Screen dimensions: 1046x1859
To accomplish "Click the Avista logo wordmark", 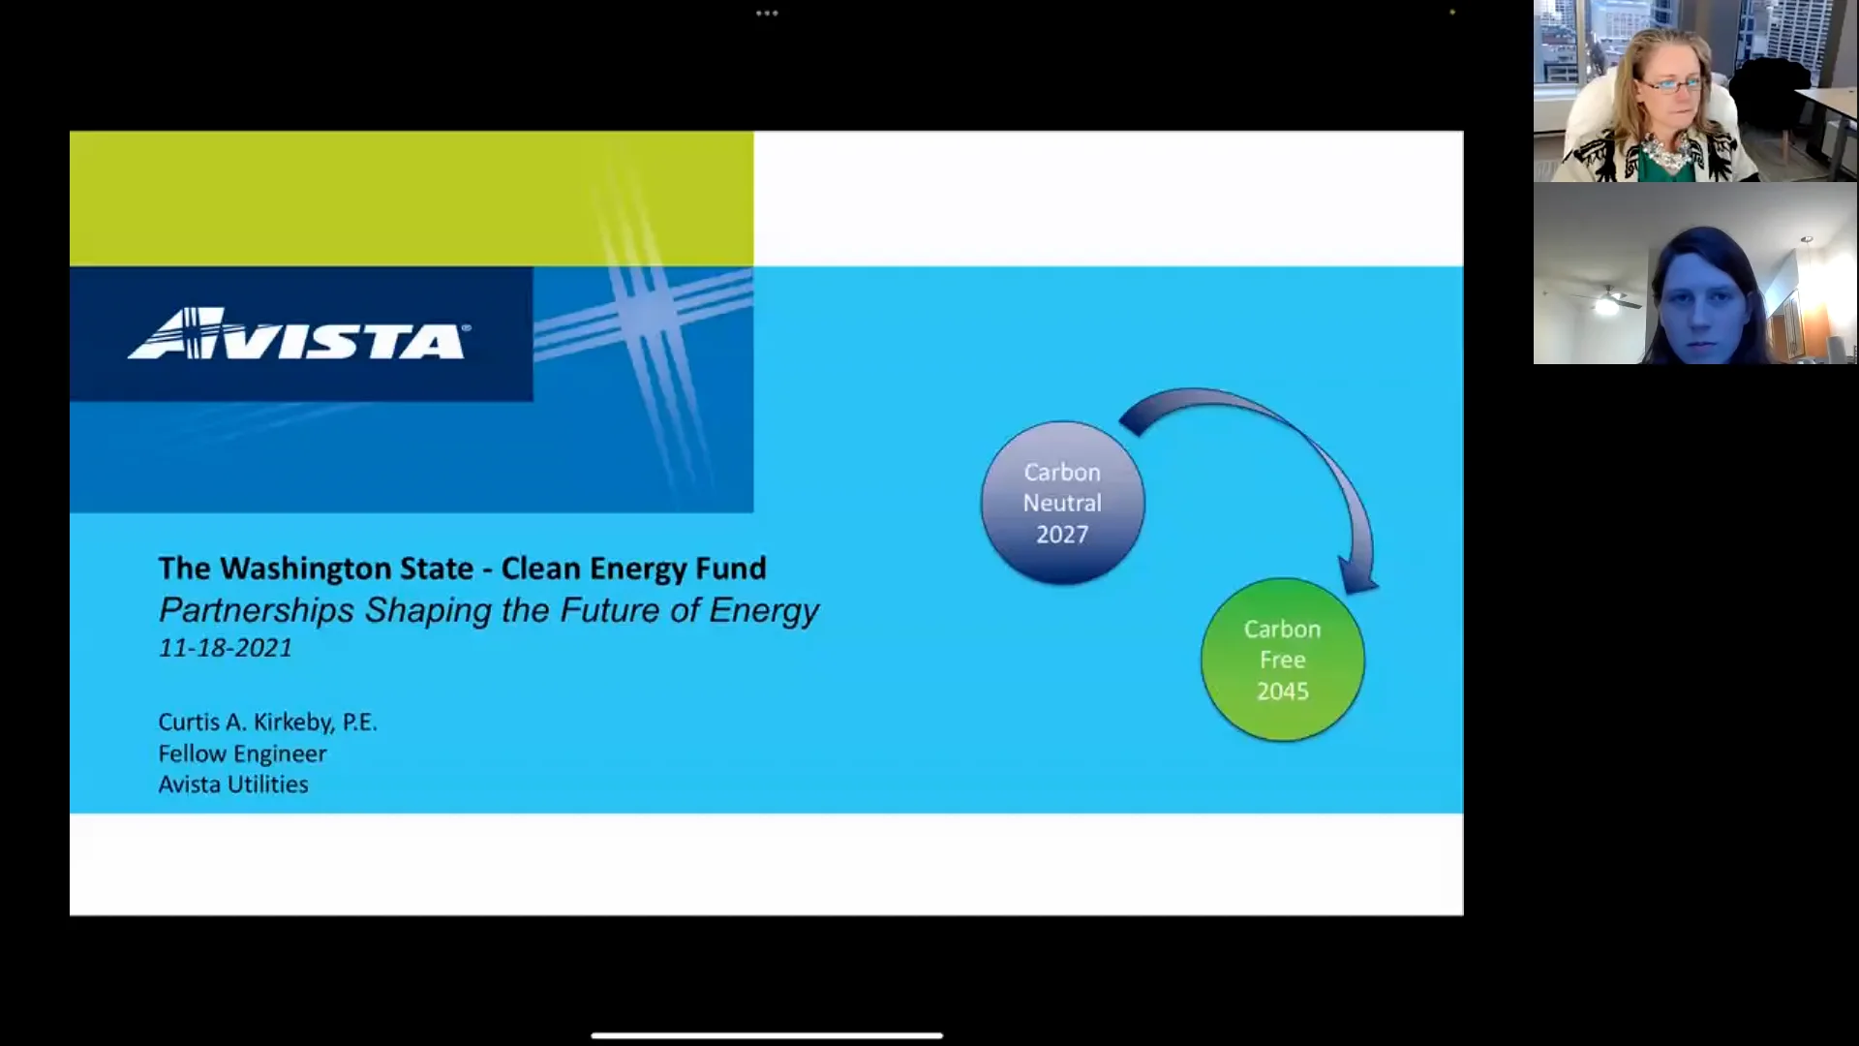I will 298,335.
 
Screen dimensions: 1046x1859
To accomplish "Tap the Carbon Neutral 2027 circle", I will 1062,503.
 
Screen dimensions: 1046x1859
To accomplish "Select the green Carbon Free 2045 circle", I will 1282,660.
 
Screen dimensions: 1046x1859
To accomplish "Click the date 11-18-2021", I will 226,648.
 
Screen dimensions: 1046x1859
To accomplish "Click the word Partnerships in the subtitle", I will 257,610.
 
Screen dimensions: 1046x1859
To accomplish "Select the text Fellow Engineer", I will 242,754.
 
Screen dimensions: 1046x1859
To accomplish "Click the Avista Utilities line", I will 233,784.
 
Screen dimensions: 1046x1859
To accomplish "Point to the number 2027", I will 1062,535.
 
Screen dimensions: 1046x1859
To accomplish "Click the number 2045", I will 1282,692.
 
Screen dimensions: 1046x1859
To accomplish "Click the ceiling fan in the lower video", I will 1607,300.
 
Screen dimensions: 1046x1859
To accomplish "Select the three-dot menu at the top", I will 767,14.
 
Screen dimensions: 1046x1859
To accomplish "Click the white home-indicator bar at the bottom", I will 767,1035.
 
